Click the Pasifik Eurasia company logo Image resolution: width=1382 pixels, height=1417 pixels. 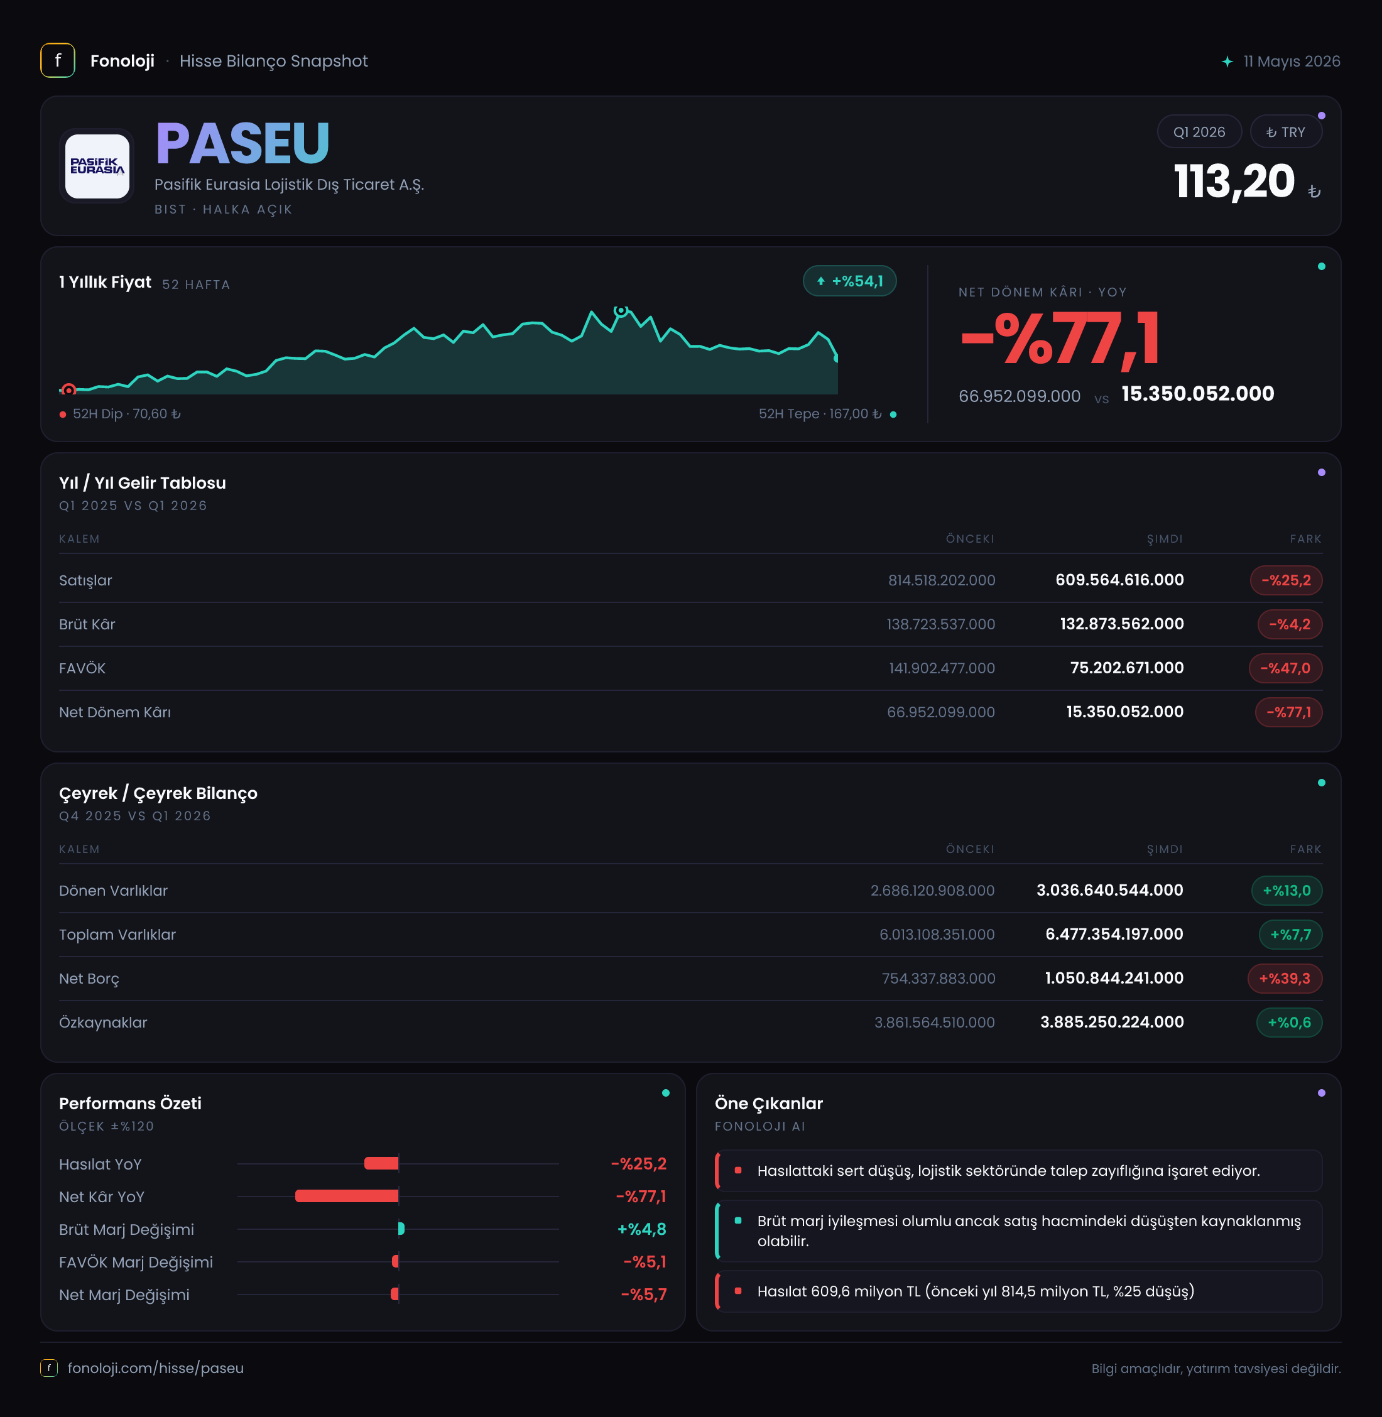pos(97,166)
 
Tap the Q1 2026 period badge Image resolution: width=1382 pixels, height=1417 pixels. pos(1199,132)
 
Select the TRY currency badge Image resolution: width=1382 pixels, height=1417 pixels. pos(1285,132)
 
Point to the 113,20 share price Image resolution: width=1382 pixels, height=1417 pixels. pos(1234,182)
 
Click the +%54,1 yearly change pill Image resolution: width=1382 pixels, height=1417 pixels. pos(849,281)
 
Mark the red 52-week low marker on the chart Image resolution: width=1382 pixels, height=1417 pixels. pos(69,390)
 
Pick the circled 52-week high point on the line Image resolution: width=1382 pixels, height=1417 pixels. pos(621,311)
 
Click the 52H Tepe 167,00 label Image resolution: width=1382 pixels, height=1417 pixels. pos(820,414)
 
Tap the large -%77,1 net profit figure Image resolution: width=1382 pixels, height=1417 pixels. pos(1060,339)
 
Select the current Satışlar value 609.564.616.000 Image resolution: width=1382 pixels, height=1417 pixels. pos(1119,580)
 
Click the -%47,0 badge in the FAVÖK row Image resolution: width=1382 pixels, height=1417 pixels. pos(1285,668)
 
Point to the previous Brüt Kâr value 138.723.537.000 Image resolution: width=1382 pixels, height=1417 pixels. pos(940,624)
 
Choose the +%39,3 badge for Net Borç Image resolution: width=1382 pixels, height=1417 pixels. pos(1285,979)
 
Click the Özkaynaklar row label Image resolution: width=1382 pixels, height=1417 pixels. pos(103,1023)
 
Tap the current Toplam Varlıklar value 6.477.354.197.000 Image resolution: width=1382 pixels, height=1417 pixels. pos(1114,934)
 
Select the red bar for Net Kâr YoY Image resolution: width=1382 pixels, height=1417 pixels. pos(347,1197)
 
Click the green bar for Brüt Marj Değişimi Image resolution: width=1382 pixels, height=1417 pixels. pos(401,1229)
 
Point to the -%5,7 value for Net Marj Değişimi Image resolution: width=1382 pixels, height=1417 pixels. pos(644,1295)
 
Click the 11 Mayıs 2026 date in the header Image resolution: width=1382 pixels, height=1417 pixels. pos(1292,62)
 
